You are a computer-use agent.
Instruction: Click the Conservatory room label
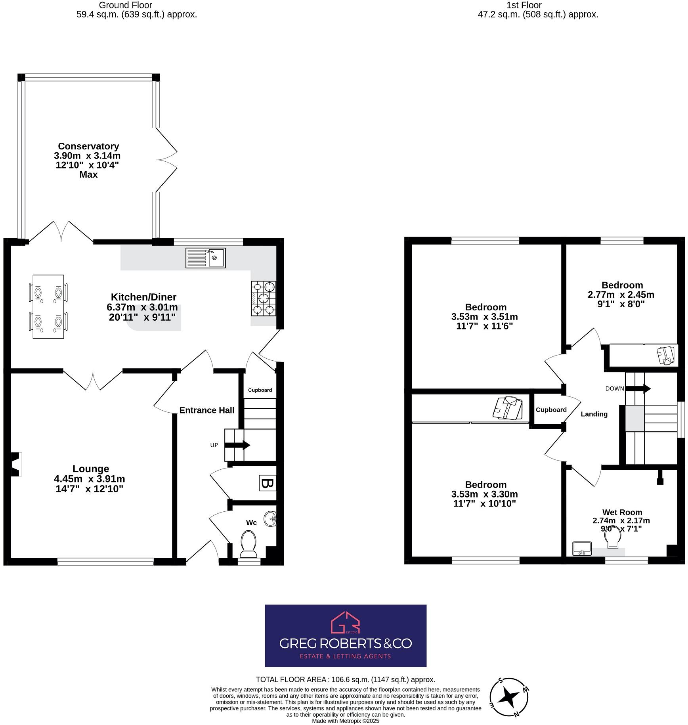pyautogui.click(x=88, y=146)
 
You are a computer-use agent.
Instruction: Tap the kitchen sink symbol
pyautogui.click(x=205, y=258)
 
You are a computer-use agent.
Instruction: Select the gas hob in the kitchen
pyautogui.click(x=264, y=298)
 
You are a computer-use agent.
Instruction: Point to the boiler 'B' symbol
pyautogui.click(x=267, y=483)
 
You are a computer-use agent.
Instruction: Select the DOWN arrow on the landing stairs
pyautogui.click(x=638, y=388)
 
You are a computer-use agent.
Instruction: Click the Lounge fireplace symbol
pyautogui.click(x=15, y=464)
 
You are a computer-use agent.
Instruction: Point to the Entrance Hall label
pyautogui.click(x=206, y=410)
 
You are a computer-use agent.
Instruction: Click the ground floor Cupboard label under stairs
pyautogui.click(x=260, y=390)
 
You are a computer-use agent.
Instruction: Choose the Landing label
pyautogui.click(x=594, y=414)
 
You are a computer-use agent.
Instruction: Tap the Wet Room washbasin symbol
pyautogui.click(x=582, y=549)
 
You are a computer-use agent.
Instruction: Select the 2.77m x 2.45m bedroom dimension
pyautogui.click(x=621, y=295)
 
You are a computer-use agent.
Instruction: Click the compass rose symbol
pyautogui.click(x=509, y=697)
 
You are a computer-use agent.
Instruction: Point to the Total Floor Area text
pyautogui.click(x=345, y=679)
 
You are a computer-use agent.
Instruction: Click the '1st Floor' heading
pyautogui.click(x=524, y=5)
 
